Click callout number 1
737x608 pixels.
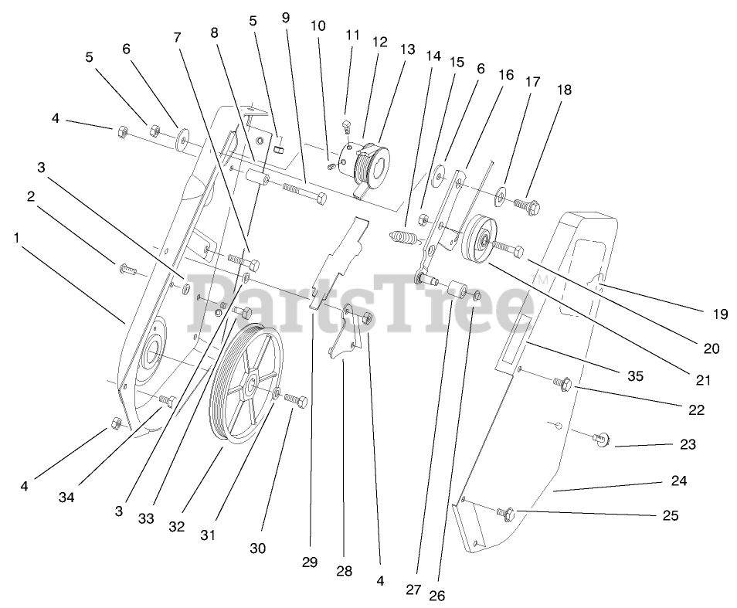click(16, 238)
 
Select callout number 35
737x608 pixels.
click(634, 377)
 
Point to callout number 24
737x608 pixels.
click(679, 481)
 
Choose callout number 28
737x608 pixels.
click(344, 571)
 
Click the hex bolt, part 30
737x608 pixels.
click(298, 401)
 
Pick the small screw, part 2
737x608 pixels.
click(127, 270)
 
